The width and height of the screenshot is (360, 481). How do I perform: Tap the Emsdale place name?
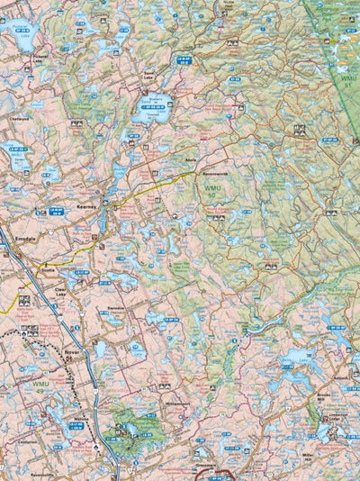(26, 239)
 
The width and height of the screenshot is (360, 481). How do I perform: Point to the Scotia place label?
(48, 270)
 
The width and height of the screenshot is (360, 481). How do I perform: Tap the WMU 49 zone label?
(40, 387)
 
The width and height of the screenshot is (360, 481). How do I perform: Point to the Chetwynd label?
(19, 117)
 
